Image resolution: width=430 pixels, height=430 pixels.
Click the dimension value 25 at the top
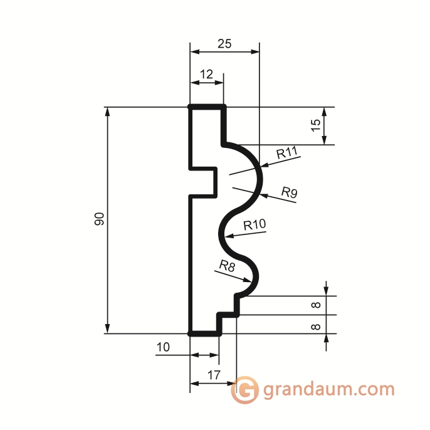[224, 43]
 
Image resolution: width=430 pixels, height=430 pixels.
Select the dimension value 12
[207, 75]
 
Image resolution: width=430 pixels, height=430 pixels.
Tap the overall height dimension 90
[99, 219]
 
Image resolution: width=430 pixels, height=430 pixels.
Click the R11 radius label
[286, 152]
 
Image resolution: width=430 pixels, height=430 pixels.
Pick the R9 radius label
[289, 192]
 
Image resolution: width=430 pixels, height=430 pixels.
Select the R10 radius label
[254, 224]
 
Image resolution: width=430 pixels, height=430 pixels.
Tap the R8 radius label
[227, 265]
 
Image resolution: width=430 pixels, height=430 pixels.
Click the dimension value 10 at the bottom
[163, 347]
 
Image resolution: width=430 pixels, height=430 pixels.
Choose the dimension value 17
[212, 376]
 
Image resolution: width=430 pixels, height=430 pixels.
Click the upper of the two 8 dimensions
[316, 305]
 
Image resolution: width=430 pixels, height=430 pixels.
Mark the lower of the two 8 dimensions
[316, 326]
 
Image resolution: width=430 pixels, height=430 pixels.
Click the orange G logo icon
[245, 390]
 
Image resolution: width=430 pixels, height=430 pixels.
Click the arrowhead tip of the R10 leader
[226, 236]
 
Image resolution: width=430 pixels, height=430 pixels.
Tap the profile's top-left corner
[191, 107]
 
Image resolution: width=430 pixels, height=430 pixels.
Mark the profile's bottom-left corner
[191, 333]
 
